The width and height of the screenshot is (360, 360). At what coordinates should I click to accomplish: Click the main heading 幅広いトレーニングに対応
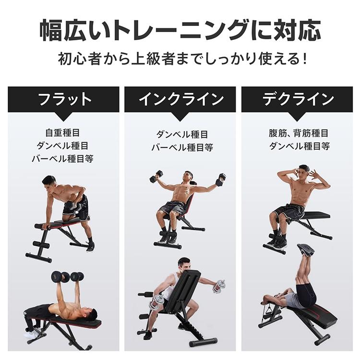pyautogui.click(x=180, y=30)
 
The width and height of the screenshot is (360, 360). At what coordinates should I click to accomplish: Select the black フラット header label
pyautogui.click(x=63, y=99)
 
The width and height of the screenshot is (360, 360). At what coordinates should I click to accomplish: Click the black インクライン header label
pyautogui.click(x=180, y=99)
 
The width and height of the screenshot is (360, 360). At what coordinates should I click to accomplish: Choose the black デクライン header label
pyautogui.click(x=298, y=99)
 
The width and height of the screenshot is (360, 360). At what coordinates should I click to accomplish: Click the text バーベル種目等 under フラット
pyautogui.click(x=62, y=158)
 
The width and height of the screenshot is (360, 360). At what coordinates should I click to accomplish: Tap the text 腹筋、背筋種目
pyautogui.click(x=299, y=133)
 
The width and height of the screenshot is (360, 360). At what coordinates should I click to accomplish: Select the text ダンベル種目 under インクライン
pyautogui.click(x=182, y=134)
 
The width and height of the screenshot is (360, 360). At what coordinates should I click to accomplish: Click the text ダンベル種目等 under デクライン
pyautogui.click(x=299, y=146)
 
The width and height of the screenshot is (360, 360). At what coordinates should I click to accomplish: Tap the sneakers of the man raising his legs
pyautogui.click(x=305, y=250)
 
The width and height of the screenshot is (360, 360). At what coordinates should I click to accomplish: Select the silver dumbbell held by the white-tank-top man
pyautogui.click(x=219, y=286)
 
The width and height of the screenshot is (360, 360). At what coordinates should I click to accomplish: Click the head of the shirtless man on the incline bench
pyautogui.click(x=189, y=176)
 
